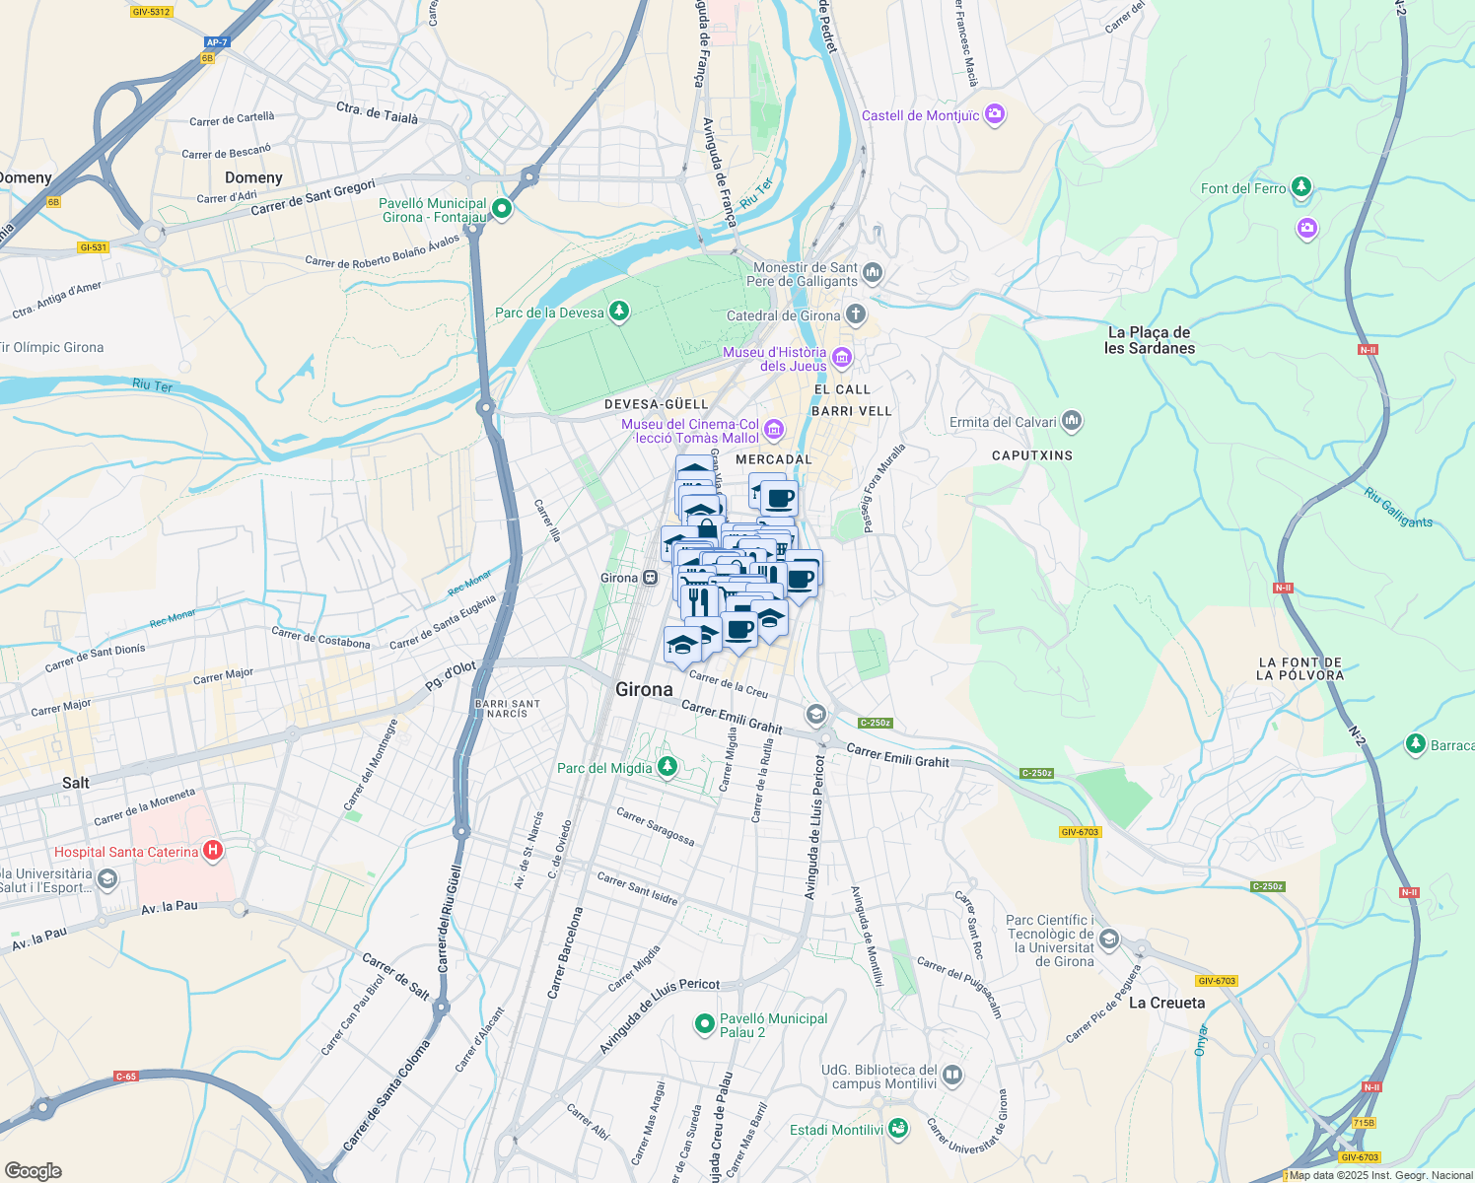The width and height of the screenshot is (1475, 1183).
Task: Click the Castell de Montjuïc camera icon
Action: [x=994, y=114]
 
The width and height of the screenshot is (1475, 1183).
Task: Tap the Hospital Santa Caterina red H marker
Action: [x=212, y=850]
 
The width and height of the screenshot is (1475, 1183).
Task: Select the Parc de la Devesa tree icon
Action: [x=618, y=312]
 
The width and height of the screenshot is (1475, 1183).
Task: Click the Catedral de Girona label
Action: [x=783, y=315]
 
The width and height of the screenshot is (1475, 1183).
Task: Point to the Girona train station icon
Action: [x=650, y=578]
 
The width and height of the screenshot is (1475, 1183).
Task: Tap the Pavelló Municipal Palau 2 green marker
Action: [x=704, y=1024]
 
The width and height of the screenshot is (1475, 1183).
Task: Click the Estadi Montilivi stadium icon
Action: [x=897, y=1128]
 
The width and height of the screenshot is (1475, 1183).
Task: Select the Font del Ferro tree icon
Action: [x=1301, y=186]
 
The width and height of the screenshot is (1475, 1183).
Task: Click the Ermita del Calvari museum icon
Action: [x=1072, y=421]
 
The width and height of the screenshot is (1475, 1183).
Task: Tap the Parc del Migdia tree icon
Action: [x=667, y=766]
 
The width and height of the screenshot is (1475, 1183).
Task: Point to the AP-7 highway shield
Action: [x=217, y=42]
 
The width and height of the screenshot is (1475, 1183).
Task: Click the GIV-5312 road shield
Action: [x=151, y=12]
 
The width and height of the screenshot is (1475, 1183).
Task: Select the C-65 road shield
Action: [x=126, y=1077]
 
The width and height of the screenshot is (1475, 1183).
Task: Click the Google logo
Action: [x=34, y=1170]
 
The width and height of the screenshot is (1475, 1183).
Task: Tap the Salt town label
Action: [x=76, y=783]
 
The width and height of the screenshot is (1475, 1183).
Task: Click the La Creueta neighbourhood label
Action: [x=1166, y=1003]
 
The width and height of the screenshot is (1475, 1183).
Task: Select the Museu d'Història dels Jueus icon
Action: [x=842, y=357]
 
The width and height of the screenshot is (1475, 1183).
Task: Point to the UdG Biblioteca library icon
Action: [x=951, y=1075]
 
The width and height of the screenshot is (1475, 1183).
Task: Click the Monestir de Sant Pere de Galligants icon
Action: [x=872, y=272]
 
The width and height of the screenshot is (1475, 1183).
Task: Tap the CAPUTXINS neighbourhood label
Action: [x=1031, y=455]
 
